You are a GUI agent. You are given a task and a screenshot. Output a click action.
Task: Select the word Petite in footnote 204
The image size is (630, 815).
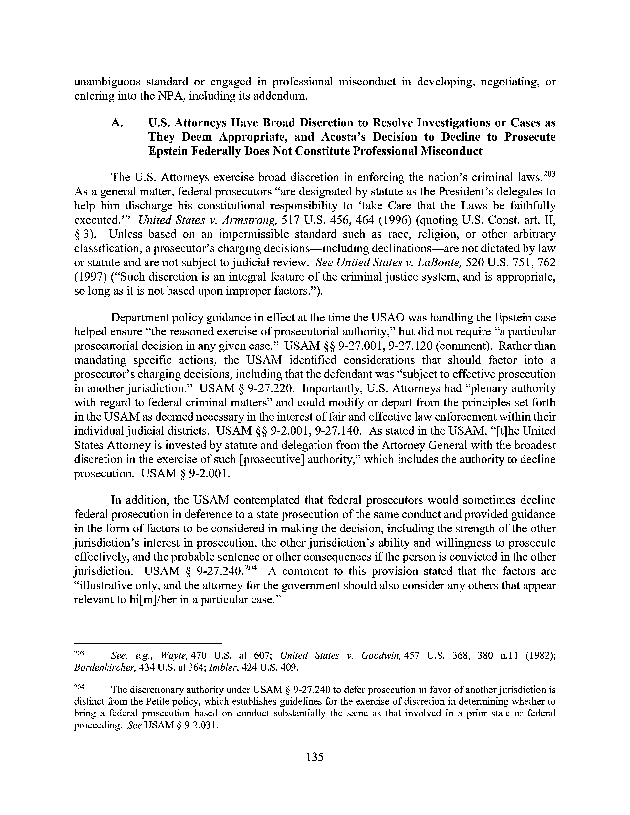[155, 702]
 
